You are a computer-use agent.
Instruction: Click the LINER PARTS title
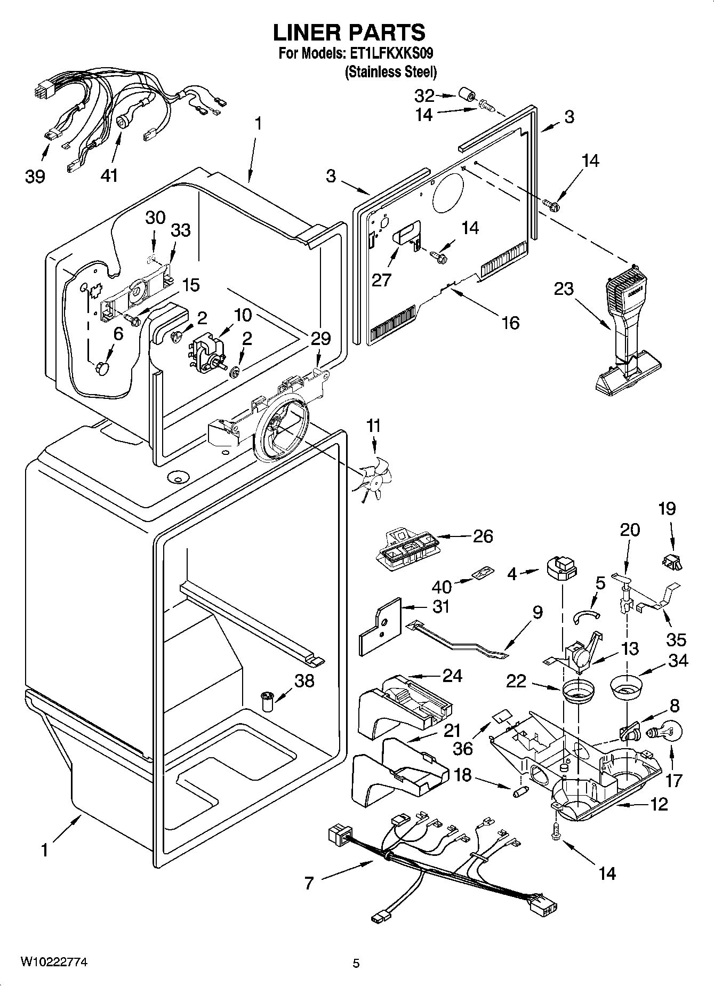[x=349, y=33]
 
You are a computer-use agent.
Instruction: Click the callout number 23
[x=563, y=289]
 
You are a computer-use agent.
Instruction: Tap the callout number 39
[x=35, y=176]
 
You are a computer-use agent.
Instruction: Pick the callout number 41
[x=109, y=175]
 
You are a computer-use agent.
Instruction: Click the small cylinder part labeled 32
[x=466, y=97]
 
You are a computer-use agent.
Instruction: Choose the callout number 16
[x=510, y=323]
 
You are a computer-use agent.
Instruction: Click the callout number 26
[x=483, y=536]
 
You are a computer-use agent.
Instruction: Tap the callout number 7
[x=309, y=883]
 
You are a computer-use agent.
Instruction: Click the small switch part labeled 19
[x=673, y=559]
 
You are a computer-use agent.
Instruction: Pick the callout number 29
[x=320, y=339]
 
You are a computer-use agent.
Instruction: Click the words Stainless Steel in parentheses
[x=391, y=71]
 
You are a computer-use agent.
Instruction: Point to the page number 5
[x=356, y=963]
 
